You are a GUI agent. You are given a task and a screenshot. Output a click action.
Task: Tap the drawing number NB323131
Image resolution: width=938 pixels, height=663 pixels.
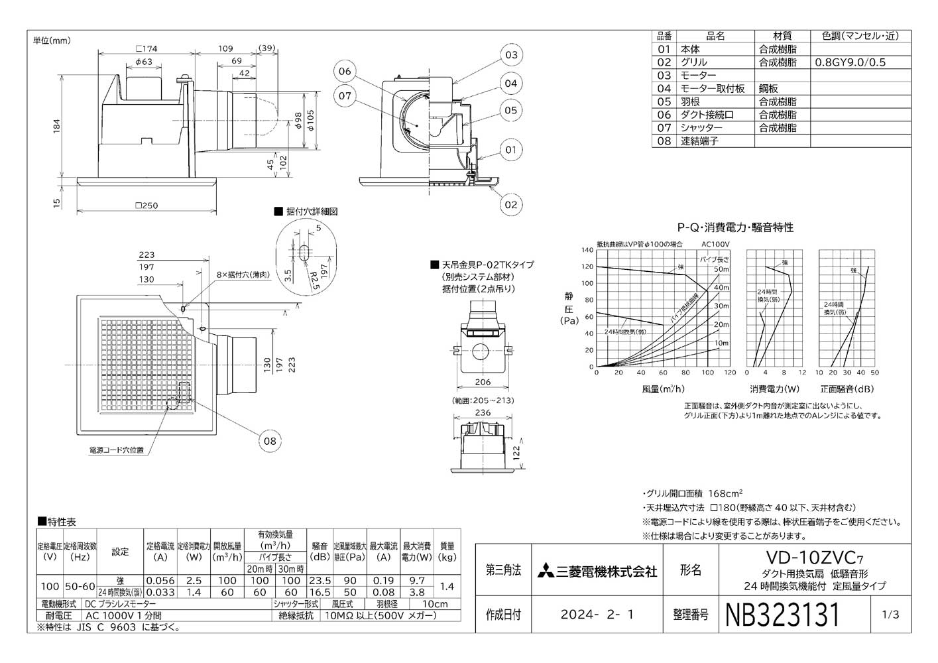(x=783, y=615)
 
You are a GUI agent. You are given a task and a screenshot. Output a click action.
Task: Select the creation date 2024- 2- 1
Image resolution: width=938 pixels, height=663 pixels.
(x=597, y=615)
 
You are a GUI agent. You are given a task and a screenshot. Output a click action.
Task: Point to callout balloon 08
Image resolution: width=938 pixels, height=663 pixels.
(x=270, y=440)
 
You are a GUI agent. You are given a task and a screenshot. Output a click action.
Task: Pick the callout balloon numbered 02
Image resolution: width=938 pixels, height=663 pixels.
(x=510, y=204)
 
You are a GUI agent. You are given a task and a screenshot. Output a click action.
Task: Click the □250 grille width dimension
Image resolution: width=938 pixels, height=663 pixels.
(x=147, y=206)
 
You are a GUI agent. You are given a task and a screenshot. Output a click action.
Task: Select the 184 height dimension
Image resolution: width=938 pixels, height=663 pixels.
(x=58, y=125)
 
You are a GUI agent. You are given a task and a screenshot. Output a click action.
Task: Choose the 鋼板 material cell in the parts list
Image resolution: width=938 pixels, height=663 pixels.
(x=769, y=88)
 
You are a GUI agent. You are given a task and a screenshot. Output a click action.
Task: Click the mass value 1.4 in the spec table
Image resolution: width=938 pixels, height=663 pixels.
(x=447, y=586)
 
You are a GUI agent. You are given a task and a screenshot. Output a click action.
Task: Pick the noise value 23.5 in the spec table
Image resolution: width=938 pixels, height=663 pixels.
(x=320, y=580)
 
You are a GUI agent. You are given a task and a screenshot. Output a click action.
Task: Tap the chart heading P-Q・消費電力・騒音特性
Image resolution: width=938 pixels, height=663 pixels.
(x=734, y=227)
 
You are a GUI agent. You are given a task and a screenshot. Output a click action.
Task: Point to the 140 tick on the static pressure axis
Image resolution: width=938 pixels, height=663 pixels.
(x=587, y=250)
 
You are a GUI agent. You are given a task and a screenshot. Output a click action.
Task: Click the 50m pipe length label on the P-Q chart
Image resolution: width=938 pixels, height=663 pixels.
(x=721, y=269)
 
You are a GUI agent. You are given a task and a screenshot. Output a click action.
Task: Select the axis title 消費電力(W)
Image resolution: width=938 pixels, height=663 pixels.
(x=774, y=389)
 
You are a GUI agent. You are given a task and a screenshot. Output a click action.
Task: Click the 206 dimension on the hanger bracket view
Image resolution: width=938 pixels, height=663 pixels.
(x=483, y=382)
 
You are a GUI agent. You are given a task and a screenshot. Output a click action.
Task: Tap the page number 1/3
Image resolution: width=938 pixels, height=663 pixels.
(x=891, y=615)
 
